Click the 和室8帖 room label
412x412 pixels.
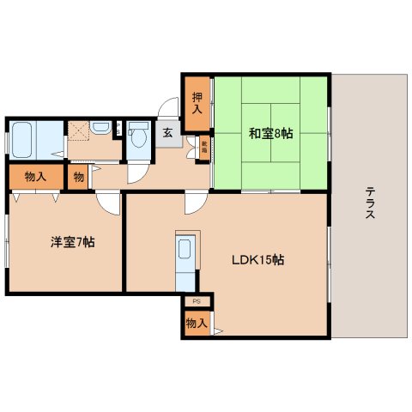271,133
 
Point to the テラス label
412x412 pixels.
369,204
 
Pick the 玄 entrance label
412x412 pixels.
168,133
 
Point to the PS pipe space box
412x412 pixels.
197,301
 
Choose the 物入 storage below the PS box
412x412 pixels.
197,323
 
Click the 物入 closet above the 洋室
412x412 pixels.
35,177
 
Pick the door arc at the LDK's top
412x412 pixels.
196,203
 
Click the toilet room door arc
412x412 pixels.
136,173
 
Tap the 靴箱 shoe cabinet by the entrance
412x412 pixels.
204,147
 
